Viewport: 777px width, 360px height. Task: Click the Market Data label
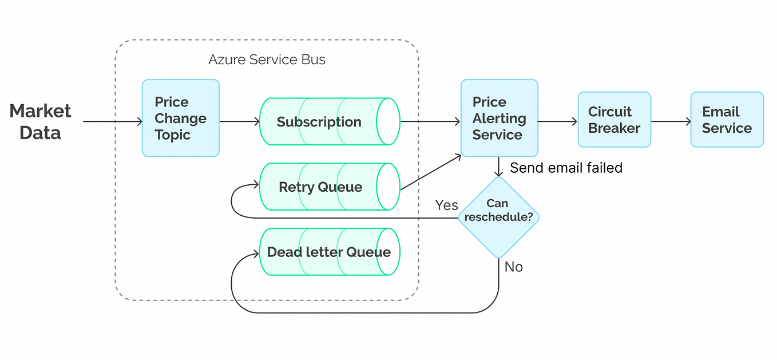(40, 121)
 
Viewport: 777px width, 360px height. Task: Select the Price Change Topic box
(180, 118)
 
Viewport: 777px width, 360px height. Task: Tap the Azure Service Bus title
(267, 60)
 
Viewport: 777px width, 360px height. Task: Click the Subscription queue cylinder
(319, 122)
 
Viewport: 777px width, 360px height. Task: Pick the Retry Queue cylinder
(320, 187)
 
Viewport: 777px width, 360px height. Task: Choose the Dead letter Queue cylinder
(328, 252)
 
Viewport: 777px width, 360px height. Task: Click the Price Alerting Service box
(499, 118)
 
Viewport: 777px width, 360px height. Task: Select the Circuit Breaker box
(613, 120)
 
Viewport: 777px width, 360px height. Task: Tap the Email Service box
(727, 120)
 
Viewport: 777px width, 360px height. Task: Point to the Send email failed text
(565, 168)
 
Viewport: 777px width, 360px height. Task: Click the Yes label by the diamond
(446, 205)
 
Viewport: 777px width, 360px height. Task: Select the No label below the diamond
(513, 267)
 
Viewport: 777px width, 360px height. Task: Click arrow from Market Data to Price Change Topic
(112, 121)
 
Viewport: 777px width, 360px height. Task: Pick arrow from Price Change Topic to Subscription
(239, 121)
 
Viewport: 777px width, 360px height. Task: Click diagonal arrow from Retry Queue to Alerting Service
(430, 172)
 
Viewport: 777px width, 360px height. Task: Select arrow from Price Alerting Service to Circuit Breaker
(557, 121)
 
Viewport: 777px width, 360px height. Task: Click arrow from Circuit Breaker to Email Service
(671, 121)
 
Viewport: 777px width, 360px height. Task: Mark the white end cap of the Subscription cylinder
(388, 122)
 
